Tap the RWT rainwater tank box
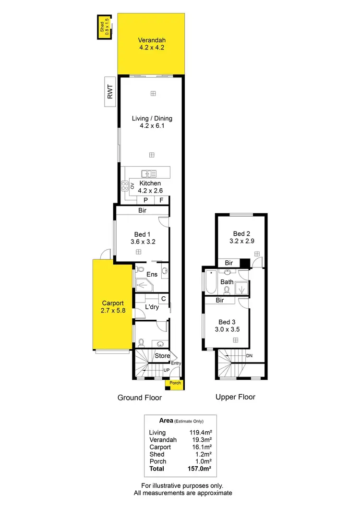(110, 91)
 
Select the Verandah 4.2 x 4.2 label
(152, 44)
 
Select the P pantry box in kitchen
(145, 200)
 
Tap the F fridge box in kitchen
(161, 200)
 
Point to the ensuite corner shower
(143, 285)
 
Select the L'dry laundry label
(152, 307)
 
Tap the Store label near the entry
(162, 356)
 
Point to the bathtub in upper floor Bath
(211, 282)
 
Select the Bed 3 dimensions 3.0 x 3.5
(229, 330)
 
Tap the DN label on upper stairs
(249, 356)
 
